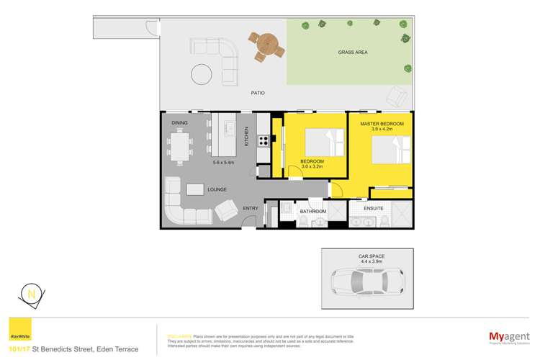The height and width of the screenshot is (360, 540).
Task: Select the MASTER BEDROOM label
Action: coord(382,124)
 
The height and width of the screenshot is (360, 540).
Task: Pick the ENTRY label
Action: coord(251,209)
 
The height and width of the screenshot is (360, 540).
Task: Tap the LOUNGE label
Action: coord(217,189)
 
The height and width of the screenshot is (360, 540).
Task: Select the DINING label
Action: coord(180,123)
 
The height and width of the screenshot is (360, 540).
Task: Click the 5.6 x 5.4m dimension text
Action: coord(225,162)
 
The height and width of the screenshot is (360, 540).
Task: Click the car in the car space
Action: coord(367,282)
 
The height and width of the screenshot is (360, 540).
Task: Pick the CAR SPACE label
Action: coord(367,255)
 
